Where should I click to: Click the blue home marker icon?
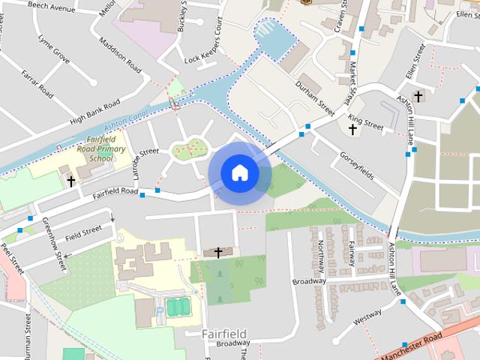point(239,172)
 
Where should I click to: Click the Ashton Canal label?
point(124,121)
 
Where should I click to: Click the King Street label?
point(366,123)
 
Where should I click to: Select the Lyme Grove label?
point(54,48)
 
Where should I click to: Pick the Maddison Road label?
point(119,55)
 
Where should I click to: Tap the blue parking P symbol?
point(158,310)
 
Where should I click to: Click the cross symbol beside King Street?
point(352,130)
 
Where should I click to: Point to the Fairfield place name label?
point(225,332)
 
